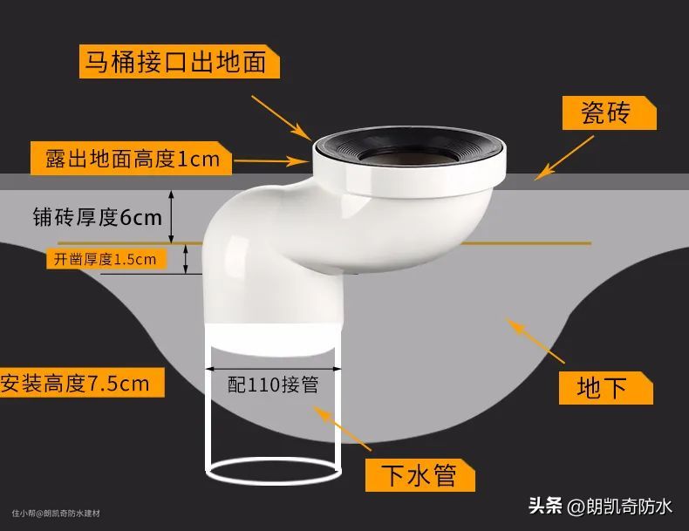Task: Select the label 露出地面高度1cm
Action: (131, 159)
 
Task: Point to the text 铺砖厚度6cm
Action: (98, 217)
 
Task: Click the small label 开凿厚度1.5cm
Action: (106, 259)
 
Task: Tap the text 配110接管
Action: (273, 385)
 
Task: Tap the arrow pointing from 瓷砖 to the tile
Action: (563, 158)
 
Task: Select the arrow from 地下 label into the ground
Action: (535, 340)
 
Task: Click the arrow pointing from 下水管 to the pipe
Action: (342, 428)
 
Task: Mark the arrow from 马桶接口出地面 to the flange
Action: (282, 118)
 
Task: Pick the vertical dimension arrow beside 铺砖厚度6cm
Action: (171, 217)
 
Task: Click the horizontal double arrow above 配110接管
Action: (273, 369)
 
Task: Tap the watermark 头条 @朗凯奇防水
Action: (600, 507)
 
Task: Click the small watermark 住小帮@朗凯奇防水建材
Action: (56, 513)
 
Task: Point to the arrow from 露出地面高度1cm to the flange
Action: (272, 161)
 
